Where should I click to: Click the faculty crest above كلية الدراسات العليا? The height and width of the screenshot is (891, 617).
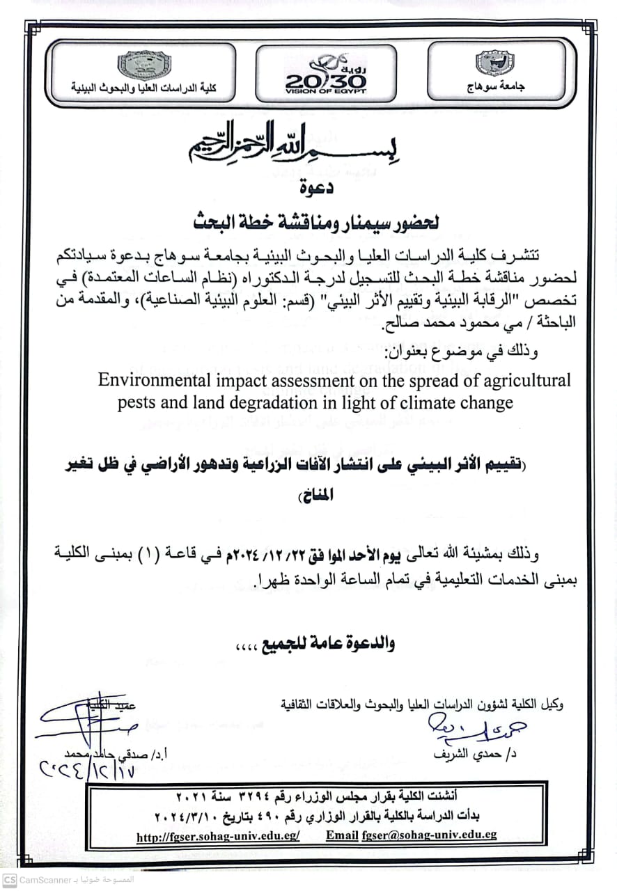tap(144, 65)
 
